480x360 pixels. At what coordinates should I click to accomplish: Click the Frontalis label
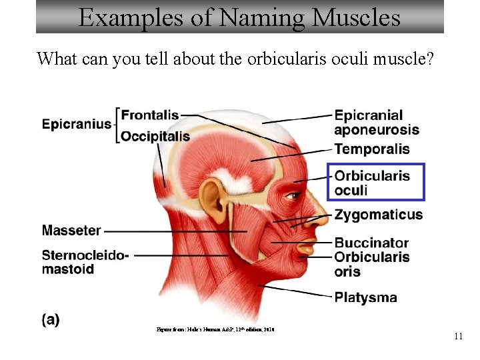150,115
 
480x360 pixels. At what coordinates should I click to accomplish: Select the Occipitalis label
155,136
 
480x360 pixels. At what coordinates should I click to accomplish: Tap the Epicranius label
77,124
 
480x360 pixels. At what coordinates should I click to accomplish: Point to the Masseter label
71,231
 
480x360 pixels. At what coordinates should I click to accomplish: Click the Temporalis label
372,149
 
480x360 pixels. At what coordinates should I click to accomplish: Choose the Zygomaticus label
378,215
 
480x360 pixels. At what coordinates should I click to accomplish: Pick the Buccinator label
371,243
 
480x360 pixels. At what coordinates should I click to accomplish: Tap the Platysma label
365,297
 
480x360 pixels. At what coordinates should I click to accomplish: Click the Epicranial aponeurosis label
377,123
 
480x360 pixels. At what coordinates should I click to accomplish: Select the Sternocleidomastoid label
85,262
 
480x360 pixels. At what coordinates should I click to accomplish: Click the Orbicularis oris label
372,264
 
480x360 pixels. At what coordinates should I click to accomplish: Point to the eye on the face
293,196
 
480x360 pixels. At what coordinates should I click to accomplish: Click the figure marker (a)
51,320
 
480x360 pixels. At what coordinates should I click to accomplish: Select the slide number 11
458,337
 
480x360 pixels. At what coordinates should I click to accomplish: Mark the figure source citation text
215,329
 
